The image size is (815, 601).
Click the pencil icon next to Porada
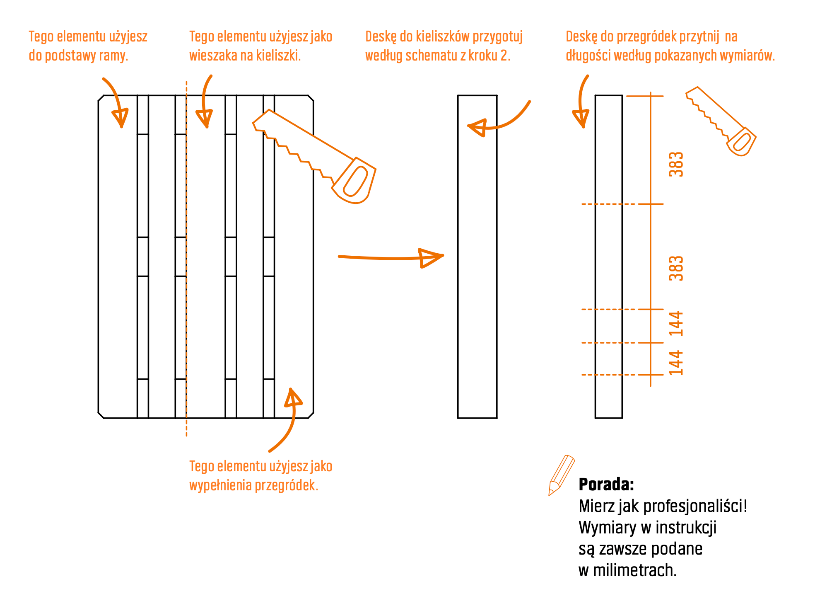[x=561, y=475]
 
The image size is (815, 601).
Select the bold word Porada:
[x=606, y=484]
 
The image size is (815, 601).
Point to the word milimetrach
[x=634, y=570]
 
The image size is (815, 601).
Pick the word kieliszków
[x=443, y=36]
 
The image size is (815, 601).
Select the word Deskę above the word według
[x=381, y=37]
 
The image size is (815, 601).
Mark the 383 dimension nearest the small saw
[x=676, y=164]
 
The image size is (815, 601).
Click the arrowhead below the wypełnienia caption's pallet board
[x=293, y=398]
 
